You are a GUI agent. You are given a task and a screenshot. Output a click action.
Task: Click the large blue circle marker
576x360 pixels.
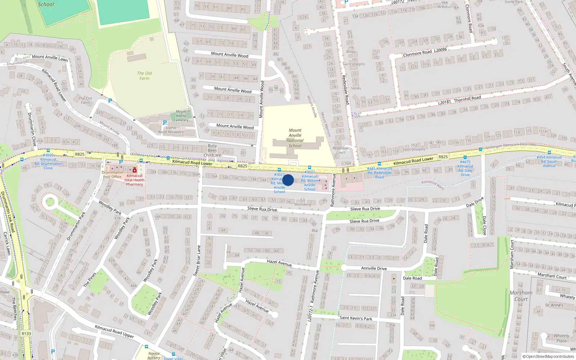(288, 180)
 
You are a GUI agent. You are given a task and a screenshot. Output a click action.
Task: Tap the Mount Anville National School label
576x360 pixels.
(295, 138)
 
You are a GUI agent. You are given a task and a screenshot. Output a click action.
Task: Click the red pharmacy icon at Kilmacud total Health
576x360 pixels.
(135, 170)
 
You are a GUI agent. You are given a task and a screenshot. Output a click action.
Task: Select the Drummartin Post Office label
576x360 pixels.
(112, 175)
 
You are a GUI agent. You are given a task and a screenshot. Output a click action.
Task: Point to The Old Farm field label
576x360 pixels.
(144, 76)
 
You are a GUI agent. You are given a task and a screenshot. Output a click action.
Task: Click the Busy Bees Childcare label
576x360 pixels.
(212, 150)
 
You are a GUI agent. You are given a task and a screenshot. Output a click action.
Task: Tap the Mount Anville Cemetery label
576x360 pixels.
(181, 116)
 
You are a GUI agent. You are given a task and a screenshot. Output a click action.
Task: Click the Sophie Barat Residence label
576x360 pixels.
(171, 130)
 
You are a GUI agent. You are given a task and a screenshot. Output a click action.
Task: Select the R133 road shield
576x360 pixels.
(26, 333)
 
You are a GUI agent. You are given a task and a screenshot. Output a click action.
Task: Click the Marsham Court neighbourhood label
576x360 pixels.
(521, 296)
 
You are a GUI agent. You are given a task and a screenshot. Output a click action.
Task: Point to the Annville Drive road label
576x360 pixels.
(374, 268)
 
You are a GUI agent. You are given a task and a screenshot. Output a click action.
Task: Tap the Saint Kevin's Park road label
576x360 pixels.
(356, 318)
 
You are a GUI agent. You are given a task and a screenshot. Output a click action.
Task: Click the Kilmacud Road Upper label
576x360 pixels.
(114, 331)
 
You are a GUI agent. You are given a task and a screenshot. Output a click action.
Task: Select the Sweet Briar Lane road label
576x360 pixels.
(197, 261)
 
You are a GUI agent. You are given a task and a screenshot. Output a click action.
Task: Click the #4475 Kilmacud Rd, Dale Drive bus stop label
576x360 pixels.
(465, 168)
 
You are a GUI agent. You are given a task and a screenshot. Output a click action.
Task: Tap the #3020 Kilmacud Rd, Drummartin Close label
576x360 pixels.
(48, 162)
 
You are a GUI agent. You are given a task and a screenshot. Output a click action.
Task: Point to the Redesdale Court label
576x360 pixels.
(341, 150)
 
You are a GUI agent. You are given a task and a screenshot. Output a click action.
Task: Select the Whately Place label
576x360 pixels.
(561, 338)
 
